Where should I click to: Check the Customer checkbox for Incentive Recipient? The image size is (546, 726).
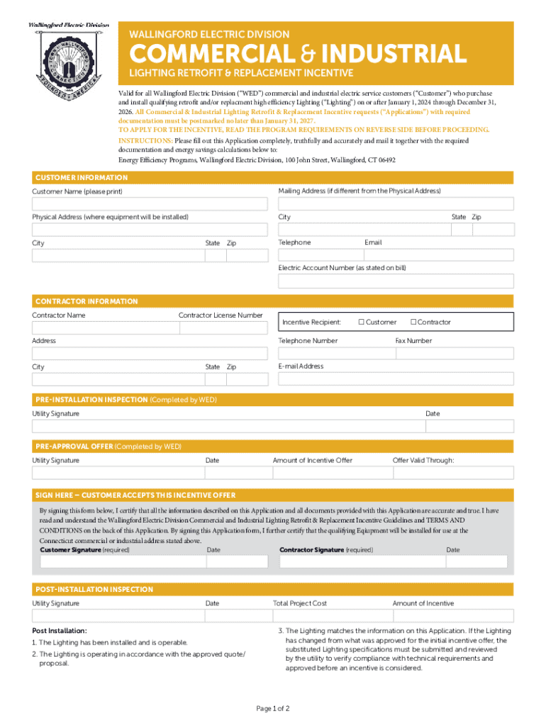coord(361,323)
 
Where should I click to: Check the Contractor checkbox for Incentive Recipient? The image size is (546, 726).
coord(413,323)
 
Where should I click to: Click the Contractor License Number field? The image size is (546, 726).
coord(223,328)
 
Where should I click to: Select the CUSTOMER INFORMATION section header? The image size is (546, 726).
coord(82,177)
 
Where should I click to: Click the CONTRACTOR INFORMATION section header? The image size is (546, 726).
coord(87,301)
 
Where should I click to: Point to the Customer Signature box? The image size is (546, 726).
coord(122,562)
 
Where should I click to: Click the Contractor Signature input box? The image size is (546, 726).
coord(361,562)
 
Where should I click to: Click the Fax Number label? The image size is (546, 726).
coord(413,341)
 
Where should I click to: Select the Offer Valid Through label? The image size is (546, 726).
coord(423,460)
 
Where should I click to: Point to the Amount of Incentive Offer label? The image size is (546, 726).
coord(312,460)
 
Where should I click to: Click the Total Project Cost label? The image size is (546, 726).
coord(300,603)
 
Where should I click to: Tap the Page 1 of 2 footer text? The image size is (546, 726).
coord(272,709)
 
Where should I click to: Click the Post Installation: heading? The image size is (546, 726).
coord(60,630)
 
